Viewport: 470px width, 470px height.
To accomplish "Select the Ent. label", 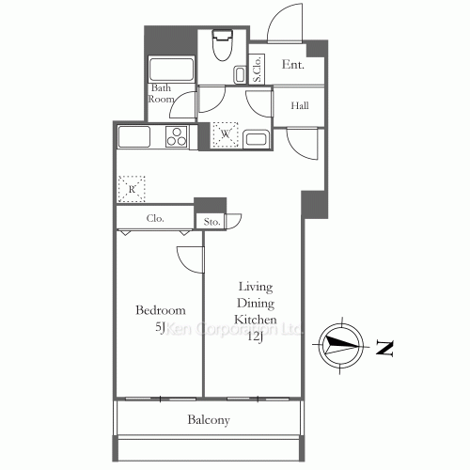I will click(292, 65).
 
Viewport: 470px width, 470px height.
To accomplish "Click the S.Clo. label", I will click(257, 69).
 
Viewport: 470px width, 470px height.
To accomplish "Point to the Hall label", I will click(299, 105).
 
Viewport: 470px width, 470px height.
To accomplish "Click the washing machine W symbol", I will click(226, 135).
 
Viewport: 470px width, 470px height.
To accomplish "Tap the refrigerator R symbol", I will click(133, 189).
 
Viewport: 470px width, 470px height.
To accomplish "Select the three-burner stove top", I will click(177, 137).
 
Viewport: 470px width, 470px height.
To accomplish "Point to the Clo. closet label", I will click(156, 218).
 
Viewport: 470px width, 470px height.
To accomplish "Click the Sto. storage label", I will click(211, 223).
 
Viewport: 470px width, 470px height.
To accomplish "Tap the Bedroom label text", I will click(160, 310).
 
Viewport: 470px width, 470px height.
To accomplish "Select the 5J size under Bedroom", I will click(160, 327).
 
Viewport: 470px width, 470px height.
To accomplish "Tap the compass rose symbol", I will click(337, 346).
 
